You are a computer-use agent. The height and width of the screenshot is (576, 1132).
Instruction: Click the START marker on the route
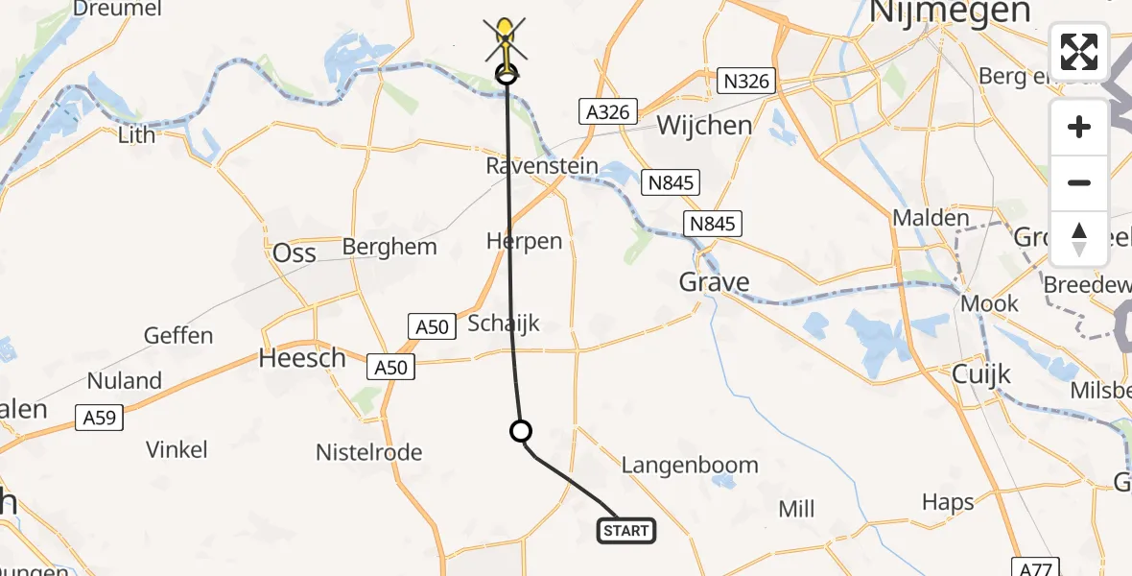(x=627, y=530)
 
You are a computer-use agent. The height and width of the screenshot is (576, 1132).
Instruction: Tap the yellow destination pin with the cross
(x=505, y=38)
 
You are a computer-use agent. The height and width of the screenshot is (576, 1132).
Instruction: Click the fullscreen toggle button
(x=1079, y=51)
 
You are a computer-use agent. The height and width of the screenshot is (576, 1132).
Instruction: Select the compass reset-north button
(x=1079, y=239)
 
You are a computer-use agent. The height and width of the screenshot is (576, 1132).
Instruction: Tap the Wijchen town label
(x=704, y=126)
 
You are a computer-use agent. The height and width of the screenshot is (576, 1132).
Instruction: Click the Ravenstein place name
(x=542, y=166)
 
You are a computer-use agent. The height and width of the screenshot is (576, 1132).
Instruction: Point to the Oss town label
(x=295, y=252)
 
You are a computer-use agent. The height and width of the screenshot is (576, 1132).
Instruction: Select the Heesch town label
(x=302, y=359)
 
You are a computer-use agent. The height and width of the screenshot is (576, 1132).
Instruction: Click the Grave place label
(x=713, y=282)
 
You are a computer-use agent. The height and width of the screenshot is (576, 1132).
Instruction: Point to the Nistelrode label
(x=369, y=452)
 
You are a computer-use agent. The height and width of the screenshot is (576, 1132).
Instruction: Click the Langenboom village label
(x=689, y=466)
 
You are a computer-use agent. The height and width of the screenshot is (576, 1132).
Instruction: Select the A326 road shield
(x=609, y=112)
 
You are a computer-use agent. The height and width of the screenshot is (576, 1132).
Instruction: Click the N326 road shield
(x=745, y=82)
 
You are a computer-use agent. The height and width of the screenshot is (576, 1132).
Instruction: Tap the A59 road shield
(x=98, y=418)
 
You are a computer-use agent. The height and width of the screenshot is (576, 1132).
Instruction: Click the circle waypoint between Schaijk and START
(x=521, y=431)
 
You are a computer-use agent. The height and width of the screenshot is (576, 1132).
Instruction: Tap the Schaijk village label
(x=504, y=324)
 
